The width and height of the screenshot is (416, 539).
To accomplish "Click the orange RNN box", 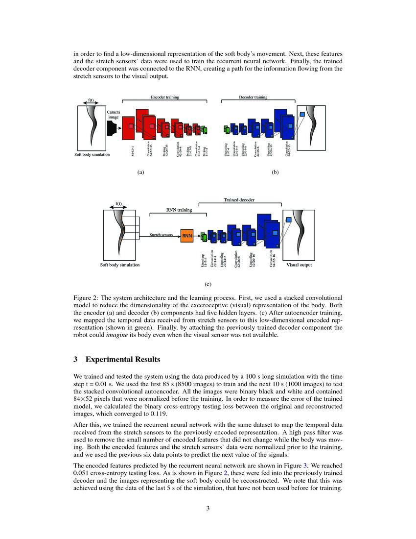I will coord(187,236).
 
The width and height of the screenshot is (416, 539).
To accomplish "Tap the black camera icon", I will coord(112,128).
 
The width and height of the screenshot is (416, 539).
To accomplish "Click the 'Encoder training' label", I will coord(164,97).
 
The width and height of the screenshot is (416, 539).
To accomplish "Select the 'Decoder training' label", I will coord(253,97).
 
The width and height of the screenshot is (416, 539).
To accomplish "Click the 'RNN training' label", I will coord(178,210).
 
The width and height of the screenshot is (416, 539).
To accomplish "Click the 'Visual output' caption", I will coord(299,265).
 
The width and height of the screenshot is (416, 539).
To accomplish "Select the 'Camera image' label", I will coord(113,114).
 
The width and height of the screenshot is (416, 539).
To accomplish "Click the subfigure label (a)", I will coord(140,172).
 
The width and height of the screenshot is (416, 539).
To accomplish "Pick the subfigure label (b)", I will coord(275,172).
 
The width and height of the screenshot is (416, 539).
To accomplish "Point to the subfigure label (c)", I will coord(208,283).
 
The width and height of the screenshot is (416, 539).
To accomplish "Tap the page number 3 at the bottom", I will coord(208,508).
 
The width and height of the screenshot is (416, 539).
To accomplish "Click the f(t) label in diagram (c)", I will coord(118,203).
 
